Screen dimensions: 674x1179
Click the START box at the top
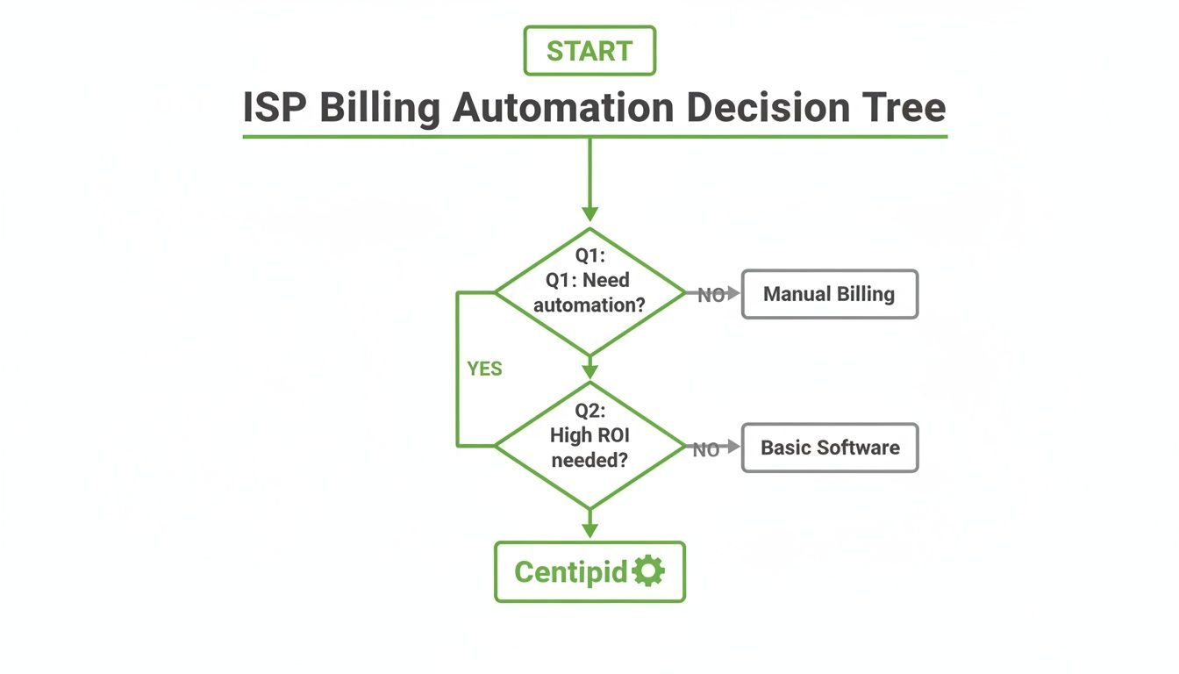pyautogui.click(x=589, y=51)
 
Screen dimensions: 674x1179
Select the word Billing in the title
pyautogui.click(x=379, y=109)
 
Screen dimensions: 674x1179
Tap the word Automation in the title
pyautogui.click(x=563, y=109)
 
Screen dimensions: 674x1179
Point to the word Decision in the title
pyautogui.click(x=767, y=109)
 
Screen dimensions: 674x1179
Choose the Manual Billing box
pyautogui.click(x=829, y=294)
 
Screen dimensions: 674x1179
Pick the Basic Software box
pyautogui.click(x=829, y=448)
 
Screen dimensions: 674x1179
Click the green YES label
pyautogui.click(x=484, y=369)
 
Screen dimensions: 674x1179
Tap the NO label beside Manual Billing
pyautogui.click(x=710, y=296)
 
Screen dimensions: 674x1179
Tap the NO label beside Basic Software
pyautogui.click(x=705, y=450)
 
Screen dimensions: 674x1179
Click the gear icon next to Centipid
pyautogui.click(x=648, y=571)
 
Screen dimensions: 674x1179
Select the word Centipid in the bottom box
pyautogui.click(x=570, y=572)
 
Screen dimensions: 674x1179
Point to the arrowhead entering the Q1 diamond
pyautogui.click(x=589, y=213)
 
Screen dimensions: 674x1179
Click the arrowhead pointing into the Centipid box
pyautogui.click(x=589, y=530)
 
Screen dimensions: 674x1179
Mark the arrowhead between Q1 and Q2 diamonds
pyautogui.click(x=589, y=372)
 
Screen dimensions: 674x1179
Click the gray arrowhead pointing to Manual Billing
pyautogui.click(x=733, y=293)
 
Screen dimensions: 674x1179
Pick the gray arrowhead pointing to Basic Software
pyautogui.click(x=733, y=447)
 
